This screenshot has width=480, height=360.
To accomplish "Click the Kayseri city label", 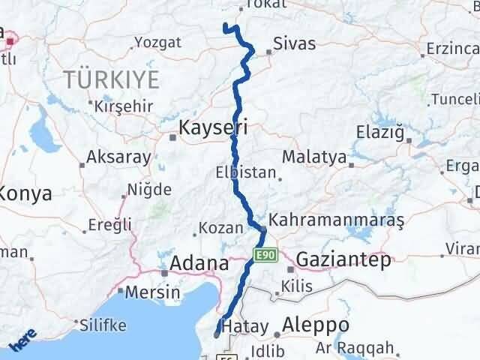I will point(212,129).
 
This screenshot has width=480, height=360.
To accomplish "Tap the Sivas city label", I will point(294,43).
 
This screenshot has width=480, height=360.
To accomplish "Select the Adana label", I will point(199,263).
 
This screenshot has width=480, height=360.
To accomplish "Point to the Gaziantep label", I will point(344,260).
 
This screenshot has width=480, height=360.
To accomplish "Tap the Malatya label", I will point(315,158).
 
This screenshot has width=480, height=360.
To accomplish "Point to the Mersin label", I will point(152,292).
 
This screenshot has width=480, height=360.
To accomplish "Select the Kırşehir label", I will point(124,106).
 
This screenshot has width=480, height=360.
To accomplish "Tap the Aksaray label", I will point(118,157).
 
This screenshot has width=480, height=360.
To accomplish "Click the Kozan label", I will point(222,228).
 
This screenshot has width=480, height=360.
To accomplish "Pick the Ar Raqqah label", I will point(365,348).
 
